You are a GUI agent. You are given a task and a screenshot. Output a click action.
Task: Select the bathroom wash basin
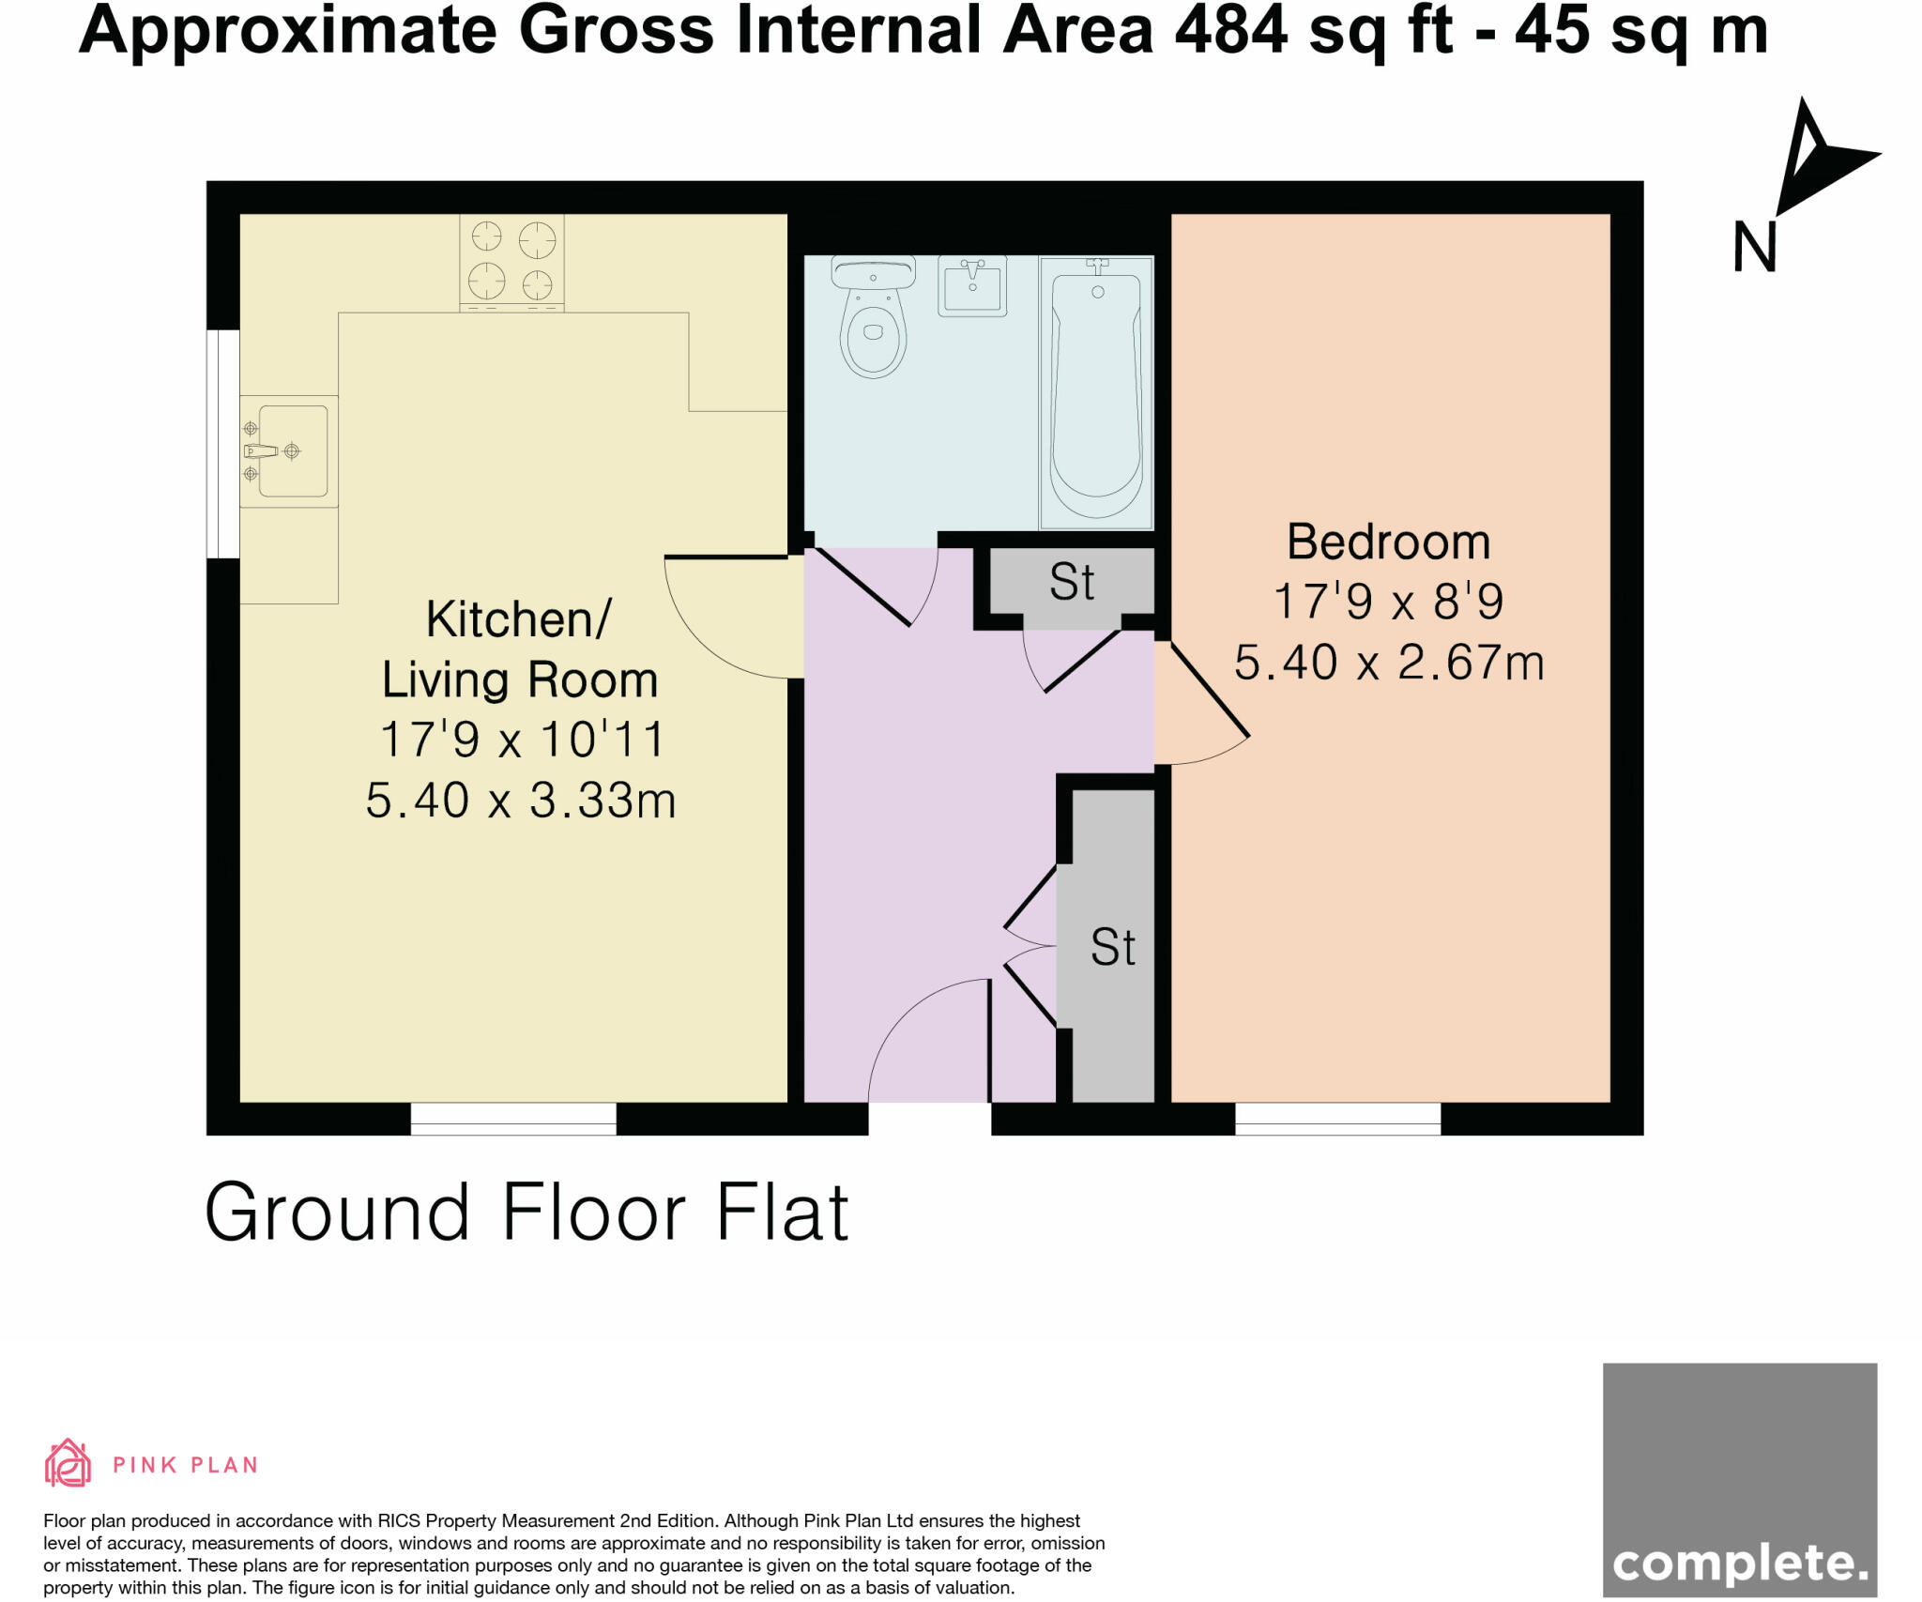click(x=972, y=285)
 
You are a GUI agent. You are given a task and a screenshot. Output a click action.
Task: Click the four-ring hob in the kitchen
click(x=511, y=262)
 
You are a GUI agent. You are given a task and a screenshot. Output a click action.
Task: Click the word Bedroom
click(x=1388, y=542)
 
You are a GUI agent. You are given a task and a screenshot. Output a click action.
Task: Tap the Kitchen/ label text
click(x=518, y=618)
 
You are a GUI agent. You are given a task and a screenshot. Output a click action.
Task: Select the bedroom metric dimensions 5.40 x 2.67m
click(x=1388, y=663)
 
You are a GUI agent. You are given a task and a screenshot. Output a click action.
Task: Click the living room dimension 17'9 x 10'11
click(x=522, y=739)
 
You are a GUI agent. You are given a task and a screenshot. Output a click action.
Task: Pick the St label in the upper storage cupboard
click(x=1072, y=582)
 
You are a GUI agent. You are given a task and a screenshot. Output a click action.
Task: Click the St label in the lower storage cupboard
click(x=1112, y=947)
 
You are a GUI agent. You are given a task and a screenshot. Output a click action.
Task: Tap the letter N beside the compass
click(x=1754, y=248)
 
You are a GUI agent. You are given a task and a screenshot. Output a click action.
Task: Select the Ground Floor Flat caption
click(x=526, y=1213)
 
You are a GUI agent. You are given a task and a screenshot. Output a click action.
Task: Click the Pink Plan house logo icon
click(x=68, y=1464)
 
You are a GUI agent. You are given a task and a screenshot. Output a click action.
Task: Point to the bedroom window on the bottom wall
click(x=1337, y=1119)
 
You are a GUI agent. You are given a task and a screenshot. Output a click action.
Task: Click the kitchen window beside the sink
click(x=223, y=444)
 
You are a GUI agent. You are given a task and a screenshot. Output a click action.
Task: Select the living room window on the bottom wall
click(x=513, y=1119)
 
